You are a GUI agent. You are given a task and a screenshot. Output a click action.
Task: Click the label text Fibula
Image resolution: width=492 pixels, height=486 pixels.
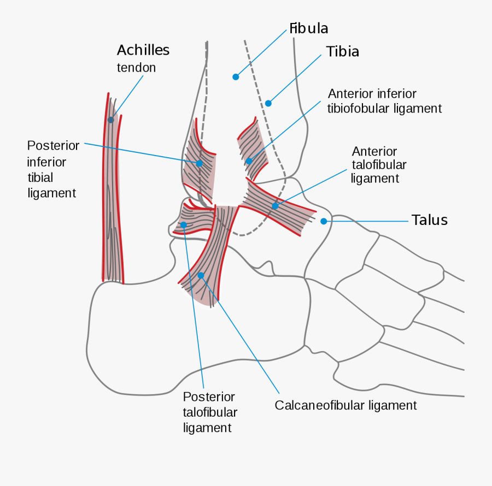[309, 28]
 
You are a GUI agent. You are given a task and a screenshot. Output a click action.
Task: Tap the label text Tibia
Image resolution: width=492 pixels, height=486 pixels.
[343, 52]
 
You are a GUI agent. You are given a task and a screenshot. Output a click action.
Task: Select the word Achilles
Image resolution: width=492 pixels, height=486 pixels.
[143, 50]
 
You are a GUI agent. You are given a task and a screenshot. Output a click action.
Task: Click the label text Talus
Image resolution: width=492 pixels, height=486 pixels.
[430, 220]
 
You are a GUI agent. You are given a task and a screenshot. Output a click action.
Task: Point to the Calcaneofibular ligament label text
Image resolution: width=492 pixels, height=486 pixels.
[345, 405]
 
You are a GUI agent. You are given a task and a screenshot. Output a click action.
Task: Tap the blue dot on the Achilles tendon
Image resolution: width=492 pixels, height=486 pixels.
[111, 120]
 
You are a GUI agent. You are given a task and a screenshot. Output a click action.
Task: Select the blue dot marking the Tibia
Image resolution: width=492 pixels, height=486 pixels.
[268, 103]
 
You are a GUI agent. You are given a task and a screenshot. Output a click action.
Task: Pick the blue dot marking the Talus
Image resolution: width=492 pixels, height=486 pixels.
[324, 221]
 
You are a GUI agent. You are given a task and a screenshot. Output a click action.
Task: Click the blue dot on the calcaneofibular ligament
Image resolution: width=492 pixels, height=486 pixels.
[201, 275]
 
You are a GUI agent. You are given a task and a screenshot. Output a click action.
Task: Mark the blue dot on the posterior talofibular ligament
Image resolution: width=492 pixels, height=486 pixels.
[184, 224]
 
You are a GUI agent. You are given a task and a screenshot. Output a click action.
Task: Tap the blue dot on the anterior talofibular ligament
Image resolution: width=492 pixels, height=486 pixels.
[276, 206]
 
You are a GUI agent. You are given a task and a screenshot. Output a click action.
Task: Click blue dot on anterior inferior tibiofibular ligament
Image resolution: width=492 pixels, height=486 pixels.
[249, 161]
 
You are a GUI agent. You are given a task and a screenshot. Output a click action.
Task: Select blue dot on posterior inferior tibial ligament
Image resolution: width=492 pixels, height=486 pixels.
[200, 163]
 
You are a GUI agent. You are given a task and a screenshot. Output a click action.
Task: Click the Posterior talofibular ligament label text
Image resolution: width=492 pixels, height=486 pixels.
[210, 412]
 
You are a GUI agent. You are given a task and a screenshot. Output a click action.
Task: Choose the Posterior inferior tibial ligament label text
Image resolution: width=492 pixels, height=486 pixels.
[52, 169]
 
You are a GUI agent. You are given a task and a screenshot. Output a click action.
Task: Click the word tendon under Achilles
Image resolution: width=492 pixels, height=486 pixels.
[136, 68]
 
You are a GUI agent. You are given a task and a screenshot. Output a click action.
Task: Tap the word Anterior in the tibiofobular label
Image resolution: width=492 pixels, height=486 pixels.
[350, 94]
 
